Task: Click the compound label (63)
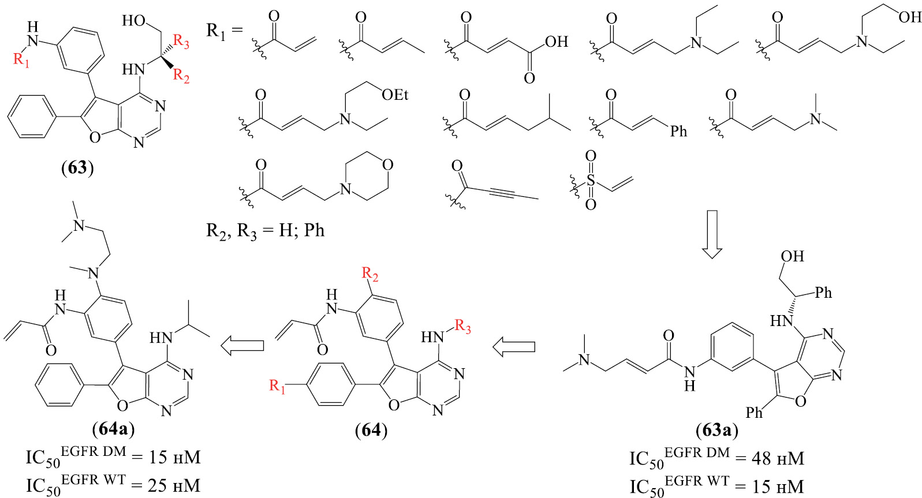pyautogui.click(x=77, y=168)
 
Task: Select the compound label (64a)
pyautogui.click(x=114, y=430)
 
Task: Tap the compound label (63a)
pyautogui.click(x=716, y=430)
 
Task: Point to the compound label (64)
pyautogui.click(x=371, y=430)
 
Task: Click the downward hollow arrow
pyautogui.click(x=712, y=234)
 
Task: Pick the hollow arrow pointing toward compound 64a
pyautogui.click(x=242, y=346)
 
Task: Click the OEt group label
pyautogui.click(x=395, y=95)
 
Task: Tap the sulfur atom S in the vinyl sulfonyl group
pyautogui.click(x=591, y=180)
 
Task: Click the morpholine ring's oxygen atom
pyautogui.click(x=387, y=165)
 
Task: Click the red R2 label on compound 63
pyautogui.click(x=181, y=76)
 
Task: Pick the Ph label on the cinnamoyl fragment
pyautogui.click(x=678, y=132)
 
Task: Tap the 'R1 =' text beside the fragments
pyautogui.click(x=225, y=31)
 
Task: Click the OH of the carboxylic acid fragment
pyautogui.click(x=557, y=42)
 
